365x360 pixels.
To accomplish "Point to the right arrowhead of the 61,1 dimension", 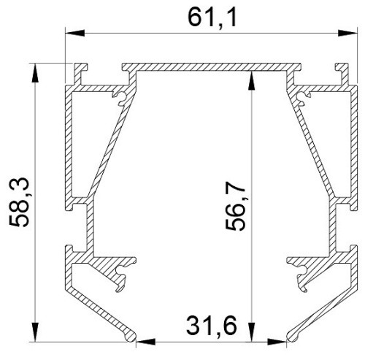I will click(341, 32).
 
